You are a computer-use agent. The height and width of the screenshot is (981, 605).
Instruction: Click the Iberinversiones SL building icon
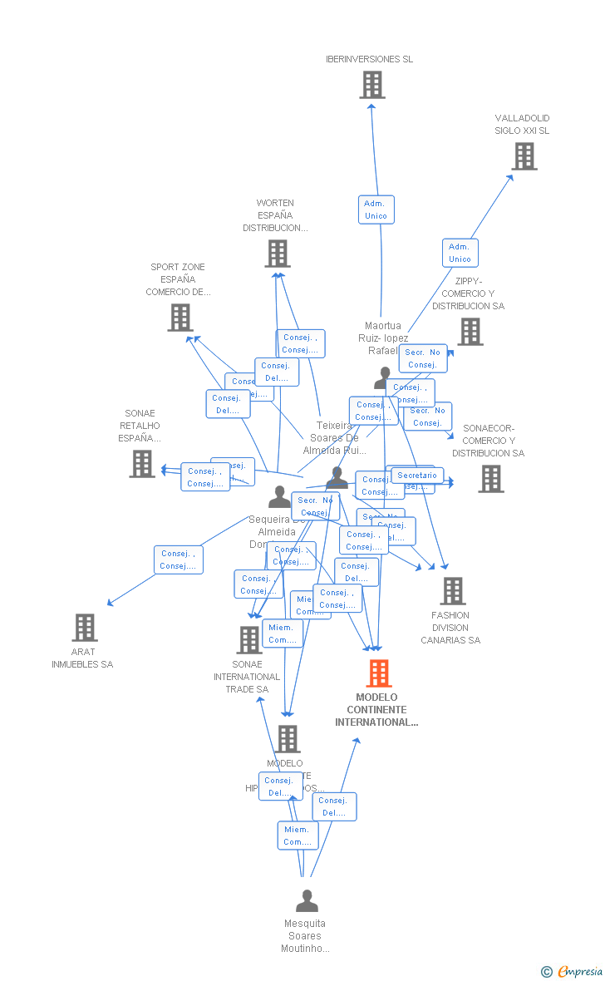pos(372,85)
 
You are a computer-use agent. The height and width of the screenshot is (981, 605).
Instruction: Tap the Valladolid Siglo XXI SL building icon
pos(524,156)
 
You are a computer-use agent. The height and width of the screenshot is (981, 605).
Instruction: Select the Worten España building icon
pos(277,254)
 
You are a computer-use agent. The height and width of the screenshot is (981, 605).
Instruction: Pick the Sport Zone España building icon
pos(180,318)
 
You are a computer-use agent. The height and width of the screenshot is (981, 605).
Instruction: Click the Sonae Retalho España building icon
pos(142,464)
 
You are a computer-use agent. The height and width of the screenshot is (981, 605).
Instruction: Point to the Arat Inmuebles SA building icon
pos(84,628)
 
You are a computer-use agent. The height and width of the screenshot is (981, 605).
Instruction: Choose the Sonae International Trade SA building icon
pos(248,639)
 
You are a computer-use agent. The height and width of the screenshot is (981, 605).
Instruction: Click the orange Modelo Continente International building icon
pos(378,673)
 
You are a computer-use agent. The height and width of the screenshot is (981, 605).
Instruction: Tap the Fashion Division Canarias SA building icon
pos(452,591)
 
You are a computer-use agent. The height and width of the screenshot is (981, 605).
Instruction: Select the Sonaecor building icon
pos(490,478)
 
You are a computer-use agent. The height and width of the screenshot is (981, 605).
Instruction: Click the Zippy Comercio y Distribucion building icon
pos(470,332)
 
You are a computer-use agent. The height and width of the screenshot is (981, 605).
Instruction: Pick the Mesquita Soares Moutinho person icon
pos(307,901)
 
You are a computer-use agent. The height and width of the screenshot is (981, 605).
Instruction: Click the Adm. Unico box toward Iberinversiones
pos(376,210)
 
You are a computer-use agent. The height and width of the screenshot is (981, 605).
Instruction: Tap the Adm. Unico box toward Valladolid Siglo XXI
pos(460,253)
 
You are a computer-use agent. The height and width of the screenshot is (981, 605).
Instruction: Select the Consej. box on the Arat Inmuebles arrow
pos(179,560)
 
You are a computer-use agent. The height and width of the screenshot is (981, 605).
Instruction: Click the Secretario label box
pos(417,476)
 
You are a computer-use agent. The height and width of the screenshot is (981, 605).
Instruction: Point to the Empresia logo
pos(573,971)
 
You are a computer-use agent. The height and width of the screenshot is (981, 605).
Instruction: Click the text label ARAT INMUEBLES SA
pos(82,658)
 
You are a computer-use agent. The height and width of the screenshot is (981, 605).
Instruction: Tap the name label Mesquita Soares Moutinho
pos(305,936)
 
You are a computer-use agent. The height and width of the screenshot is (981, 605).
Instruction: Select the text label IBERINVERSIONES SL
pos(369,59)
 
